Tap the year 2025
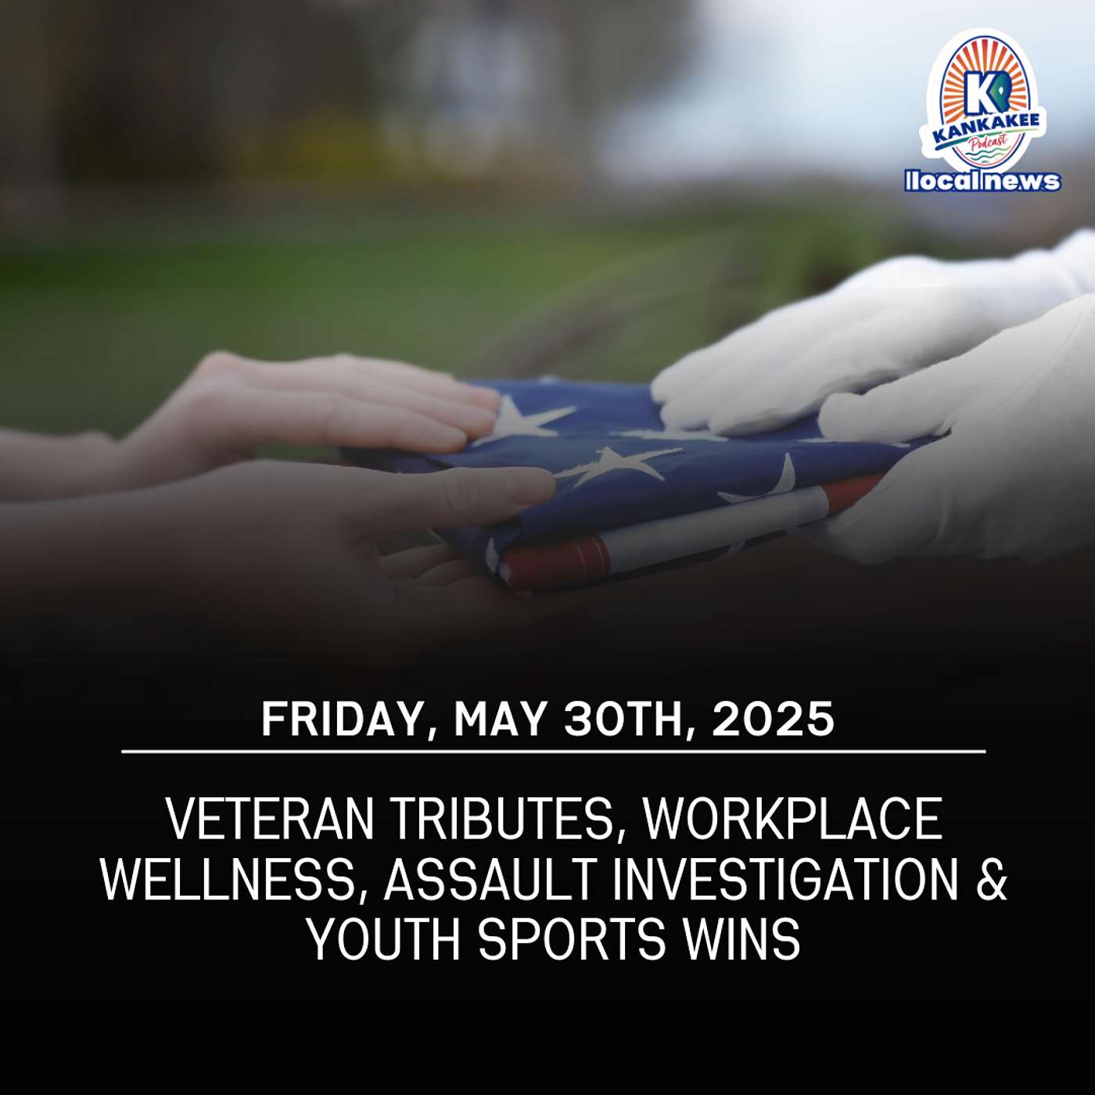773,719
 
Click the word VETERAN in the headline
270,820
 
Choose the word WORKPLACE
792,820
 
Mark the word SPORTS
572,939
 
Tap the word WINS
741,939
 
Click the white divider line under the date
554,751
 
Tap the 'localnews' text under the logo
982,181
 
